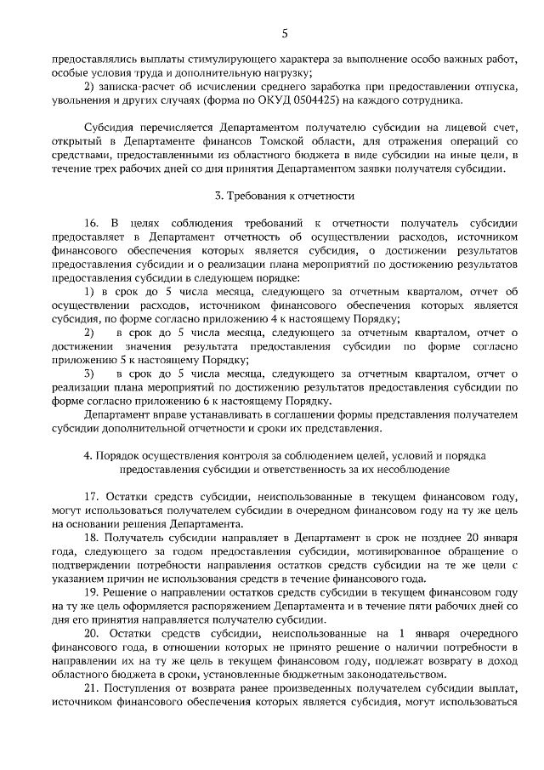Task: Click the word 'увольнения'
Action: (x=77, y=100)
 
